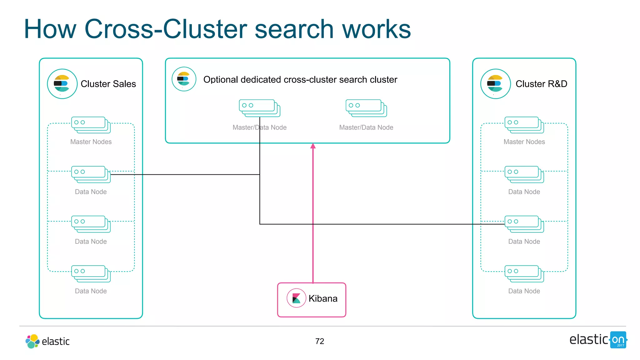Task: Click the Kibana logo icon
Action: pos(296,298)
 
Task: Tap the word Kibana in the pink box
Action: pos(323,298)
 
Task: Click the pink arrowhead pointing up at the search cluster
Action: pos(313,146)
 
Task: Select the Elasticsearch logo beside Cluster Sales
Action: pos(62,84)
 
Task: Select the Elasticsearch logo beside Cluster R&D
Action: pos(495,84)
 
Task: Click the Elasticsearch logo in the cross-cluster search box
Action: pos(184,79)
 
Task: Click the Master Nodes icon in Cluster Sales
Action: pos(91,125)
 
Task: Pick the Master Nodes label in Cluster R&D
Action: pos(524,142)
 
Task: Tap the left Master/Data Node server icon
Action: pos(259,108)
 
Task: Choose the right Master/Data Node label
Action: pos(366,127)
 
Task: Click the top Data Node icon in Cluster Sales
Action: pos(91,174)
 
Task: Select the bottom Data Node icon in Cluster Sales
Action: pos(91,274)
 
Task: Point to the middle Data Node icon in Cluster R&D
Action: pos(524,224)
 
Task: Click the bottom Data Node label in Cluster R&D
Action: pos(524,291)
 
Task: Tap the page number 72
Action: pos(320,341)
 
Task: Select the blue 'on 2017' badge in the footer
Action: pos(618,340)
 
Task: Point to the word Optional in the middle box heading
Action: pos(221,80)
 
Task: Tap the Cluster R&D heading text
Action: pos(541,84)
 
